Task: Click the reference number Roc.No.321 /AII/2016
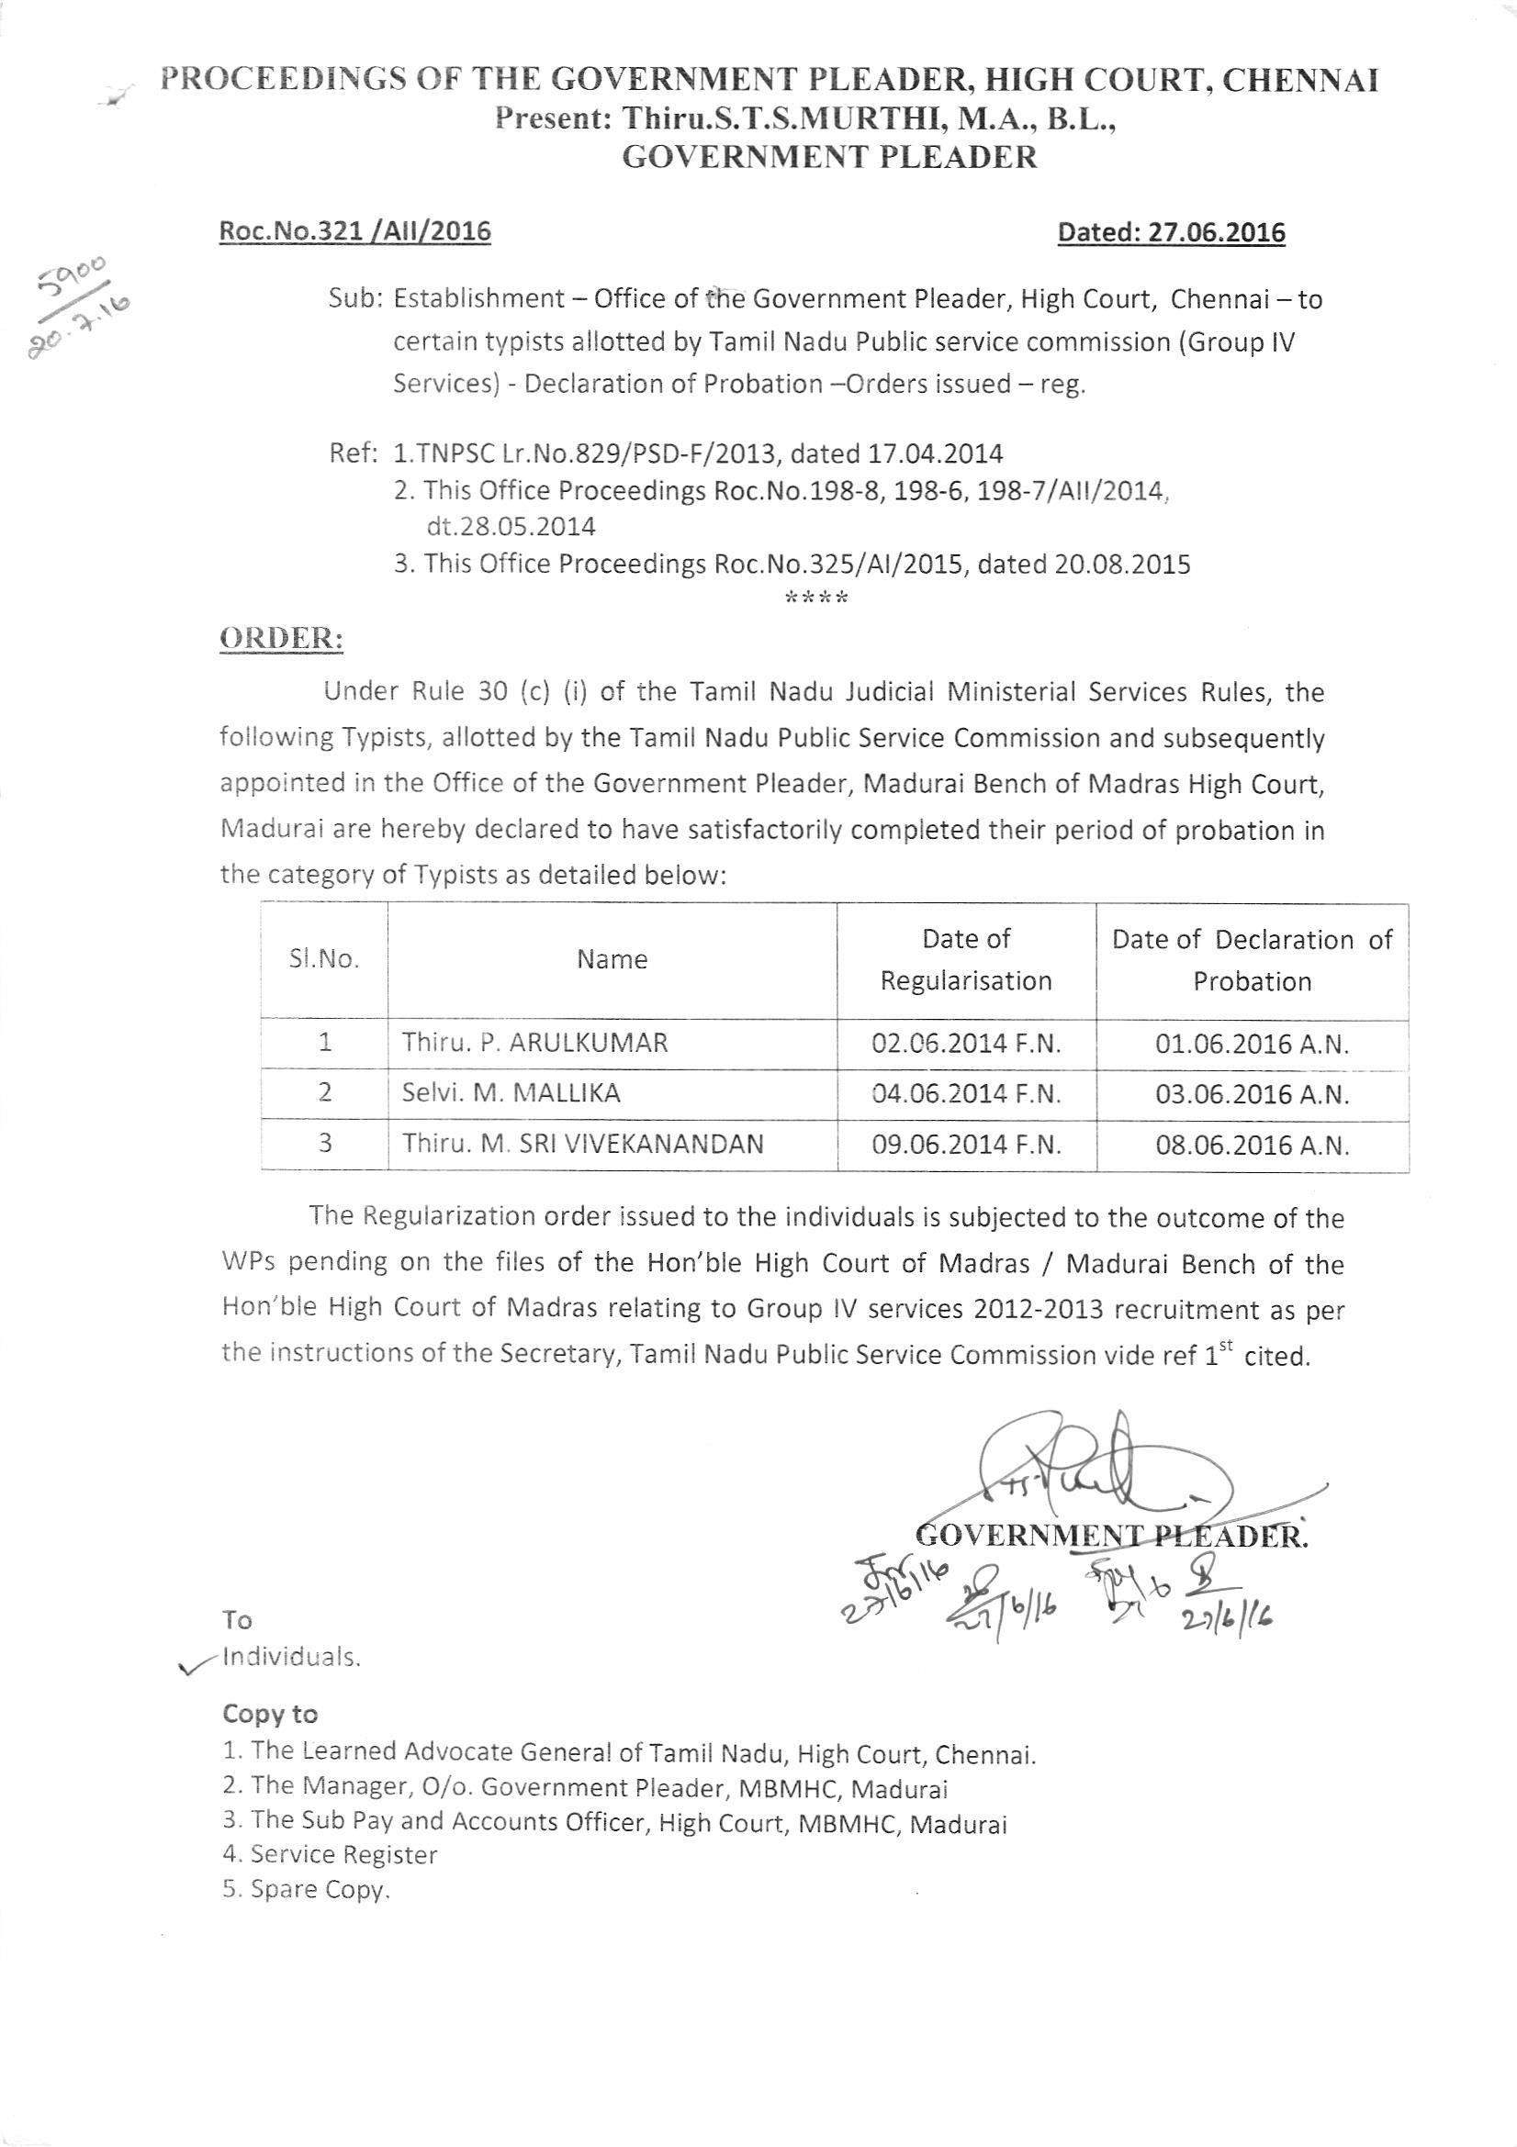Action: click(x=354, y=231)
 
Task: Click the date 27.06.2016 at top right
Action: click(x=1171, y=232)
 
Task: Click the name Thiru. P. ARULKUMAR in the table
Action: click(x=535, y=1043)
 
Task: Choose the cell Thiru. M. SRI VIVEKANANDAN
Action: click(x=583, y=1143)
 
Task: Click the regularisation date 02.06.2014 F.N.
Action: click(x=966, y=1043)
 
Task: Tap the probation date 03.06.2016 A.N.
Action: click(x=1253, y=1094)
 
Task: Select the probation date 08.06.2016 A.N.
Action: click(x=1253, y=1145)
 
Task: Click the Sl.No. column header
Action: click(x=323, y=959)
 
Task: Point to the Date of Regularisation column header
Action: click(x=966, y=959)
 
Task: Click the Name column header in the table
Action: click(x=612, y=958)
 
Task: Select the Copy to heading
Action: click(x=269, y=1713)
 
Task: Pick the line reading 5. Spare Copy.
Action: click(x=306, y=1890)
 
